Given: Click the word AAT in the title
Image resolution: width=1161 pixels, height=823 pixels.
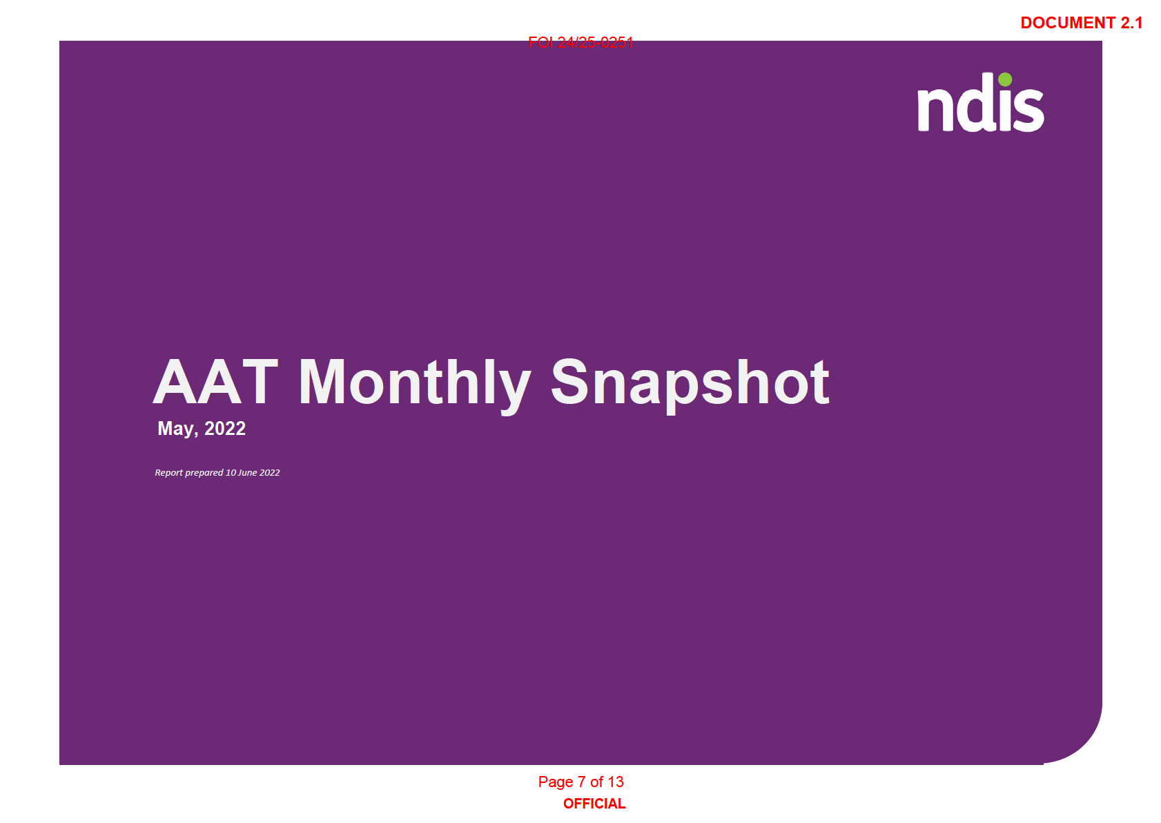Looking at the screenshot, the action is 216,382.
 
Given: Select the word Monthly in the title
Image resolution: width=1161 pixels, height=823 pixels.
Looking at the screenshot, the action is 415,387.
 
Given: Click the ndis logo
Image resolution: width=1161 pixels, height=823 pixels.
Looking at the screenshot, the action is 981,102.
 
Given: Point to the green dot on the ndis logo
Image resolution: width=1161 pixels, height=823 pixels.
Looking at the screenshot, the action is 1005,79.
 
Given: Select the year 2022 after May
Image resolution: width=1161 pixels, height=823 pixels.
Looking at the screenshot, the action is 225,428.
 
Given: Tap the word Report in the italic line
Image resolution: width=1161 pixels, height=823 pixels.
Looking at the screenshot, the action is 169,473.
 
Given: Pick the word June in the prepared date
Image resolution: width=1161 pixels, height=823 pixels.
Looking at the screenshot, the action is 248,472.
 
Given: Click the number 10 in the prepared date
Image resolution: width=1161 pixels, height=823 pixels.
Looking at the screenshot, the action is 231,472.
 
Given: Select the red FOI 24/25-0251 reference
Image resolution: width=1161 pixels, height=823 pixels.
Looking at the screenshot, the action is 580,43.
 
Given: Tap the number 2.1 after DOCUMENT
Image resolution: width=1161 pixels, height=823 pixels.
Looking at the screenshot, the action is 1131,23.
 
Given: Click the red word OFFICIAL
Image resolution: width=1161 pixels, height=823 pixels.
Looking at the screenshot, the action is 594,804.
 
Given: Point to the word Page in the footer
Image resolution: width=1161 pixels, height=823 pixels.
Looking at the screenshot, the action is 556,782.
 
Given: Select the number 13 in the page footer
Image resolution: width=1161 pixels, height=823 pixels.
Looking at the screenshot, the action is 616,782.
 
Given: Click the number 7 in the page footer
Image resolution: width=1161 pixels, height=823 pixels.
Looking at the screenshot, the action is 582,782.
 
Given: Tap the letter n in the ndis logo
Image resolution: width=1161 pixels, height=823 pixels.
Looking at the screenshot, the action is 935,111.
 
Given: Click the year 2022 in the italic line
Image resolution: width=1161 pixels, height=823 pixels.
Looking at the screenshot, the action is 269,472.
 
